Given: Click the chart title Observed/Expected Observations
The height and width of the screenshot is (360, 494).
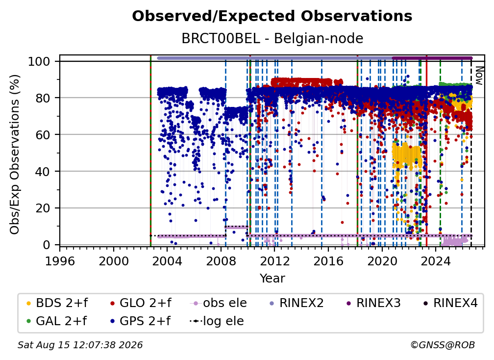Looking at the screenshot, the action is point(272,16).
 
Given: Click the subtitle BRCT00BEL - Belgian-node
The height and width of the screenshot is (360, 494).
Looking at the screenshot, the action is point(272,39).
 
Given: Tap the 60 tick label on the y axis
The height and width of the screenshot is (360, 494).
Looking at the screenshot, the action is point(43,134).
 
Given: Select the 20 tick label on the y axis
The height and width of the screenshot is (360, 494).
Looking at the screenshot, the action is point(43,208).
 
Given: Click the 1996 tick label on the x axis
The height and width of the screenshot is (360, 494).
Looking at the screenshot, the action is point(60,261).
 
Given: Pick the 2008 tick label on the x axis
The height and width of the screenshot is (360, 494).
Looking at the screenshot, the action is point(221,261).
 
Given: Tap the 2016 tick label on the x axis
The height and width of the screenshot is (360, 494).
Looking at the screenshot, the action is point(328,261).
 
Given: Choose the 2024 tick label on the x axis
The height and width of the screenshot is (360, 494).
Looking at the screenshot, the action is point(435,261).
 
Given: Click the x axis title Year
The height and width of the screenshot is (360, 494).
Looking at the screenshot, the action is point(272,279).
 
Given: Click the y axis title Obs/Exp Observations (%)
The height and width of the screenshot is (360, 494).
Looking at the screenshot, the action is point(15,154).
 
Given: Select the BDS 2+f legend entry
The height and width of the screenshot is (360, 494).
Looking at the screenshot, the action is point(57,303).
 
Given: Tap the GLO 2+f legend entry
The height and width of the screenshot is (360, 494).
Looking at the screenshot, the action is point(140,303).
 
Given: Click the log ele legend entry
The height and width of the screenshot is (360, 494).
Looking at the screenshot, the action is point(217,321).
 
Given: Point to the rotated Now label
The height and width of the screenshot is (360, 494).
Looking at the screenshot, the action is point(479,76).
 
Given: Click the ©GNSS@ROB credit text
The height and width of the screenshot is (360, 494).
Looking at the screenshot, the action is point(443,345).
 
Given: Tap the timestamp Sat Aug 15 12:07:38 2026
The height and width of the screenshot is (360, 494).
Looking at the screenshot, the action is point(80,345).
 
